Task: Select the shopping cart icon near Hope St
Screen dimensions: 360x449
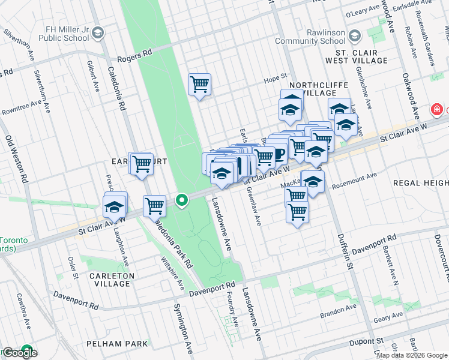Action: [x=199, y=84]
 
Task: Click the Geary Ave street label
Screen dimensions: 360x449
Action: [x=384, y=320]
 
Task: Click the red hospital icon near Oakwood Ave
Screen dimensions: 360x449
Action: [x=436, y=109]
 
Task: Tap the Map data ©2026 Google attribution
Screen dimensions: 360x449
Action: [x=412, y=355]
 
